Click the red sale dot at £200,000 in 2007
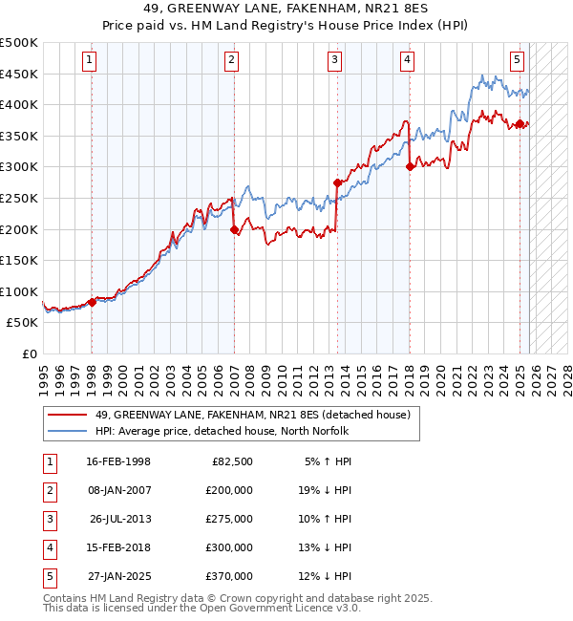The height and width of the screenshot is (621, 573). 234,229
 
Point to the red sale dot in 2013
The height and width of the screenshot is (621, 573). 337,182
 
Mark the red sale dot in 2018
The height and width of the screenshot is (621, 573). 410,166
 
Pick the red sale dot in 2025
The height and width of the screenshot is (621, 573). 520,123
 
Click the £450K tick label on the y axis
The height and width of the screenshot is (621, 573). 19,74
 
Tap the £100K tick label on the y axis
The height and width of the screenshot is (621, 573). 19,291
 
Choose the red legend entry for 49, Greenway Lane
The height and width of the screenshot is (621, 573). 252,414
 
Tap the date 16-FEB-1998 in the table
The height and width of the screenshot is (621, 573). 117,461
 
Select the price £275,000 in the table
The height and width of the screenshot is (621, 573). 229,519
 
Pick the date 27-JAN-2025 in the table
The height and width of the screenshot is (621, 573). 117,576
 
